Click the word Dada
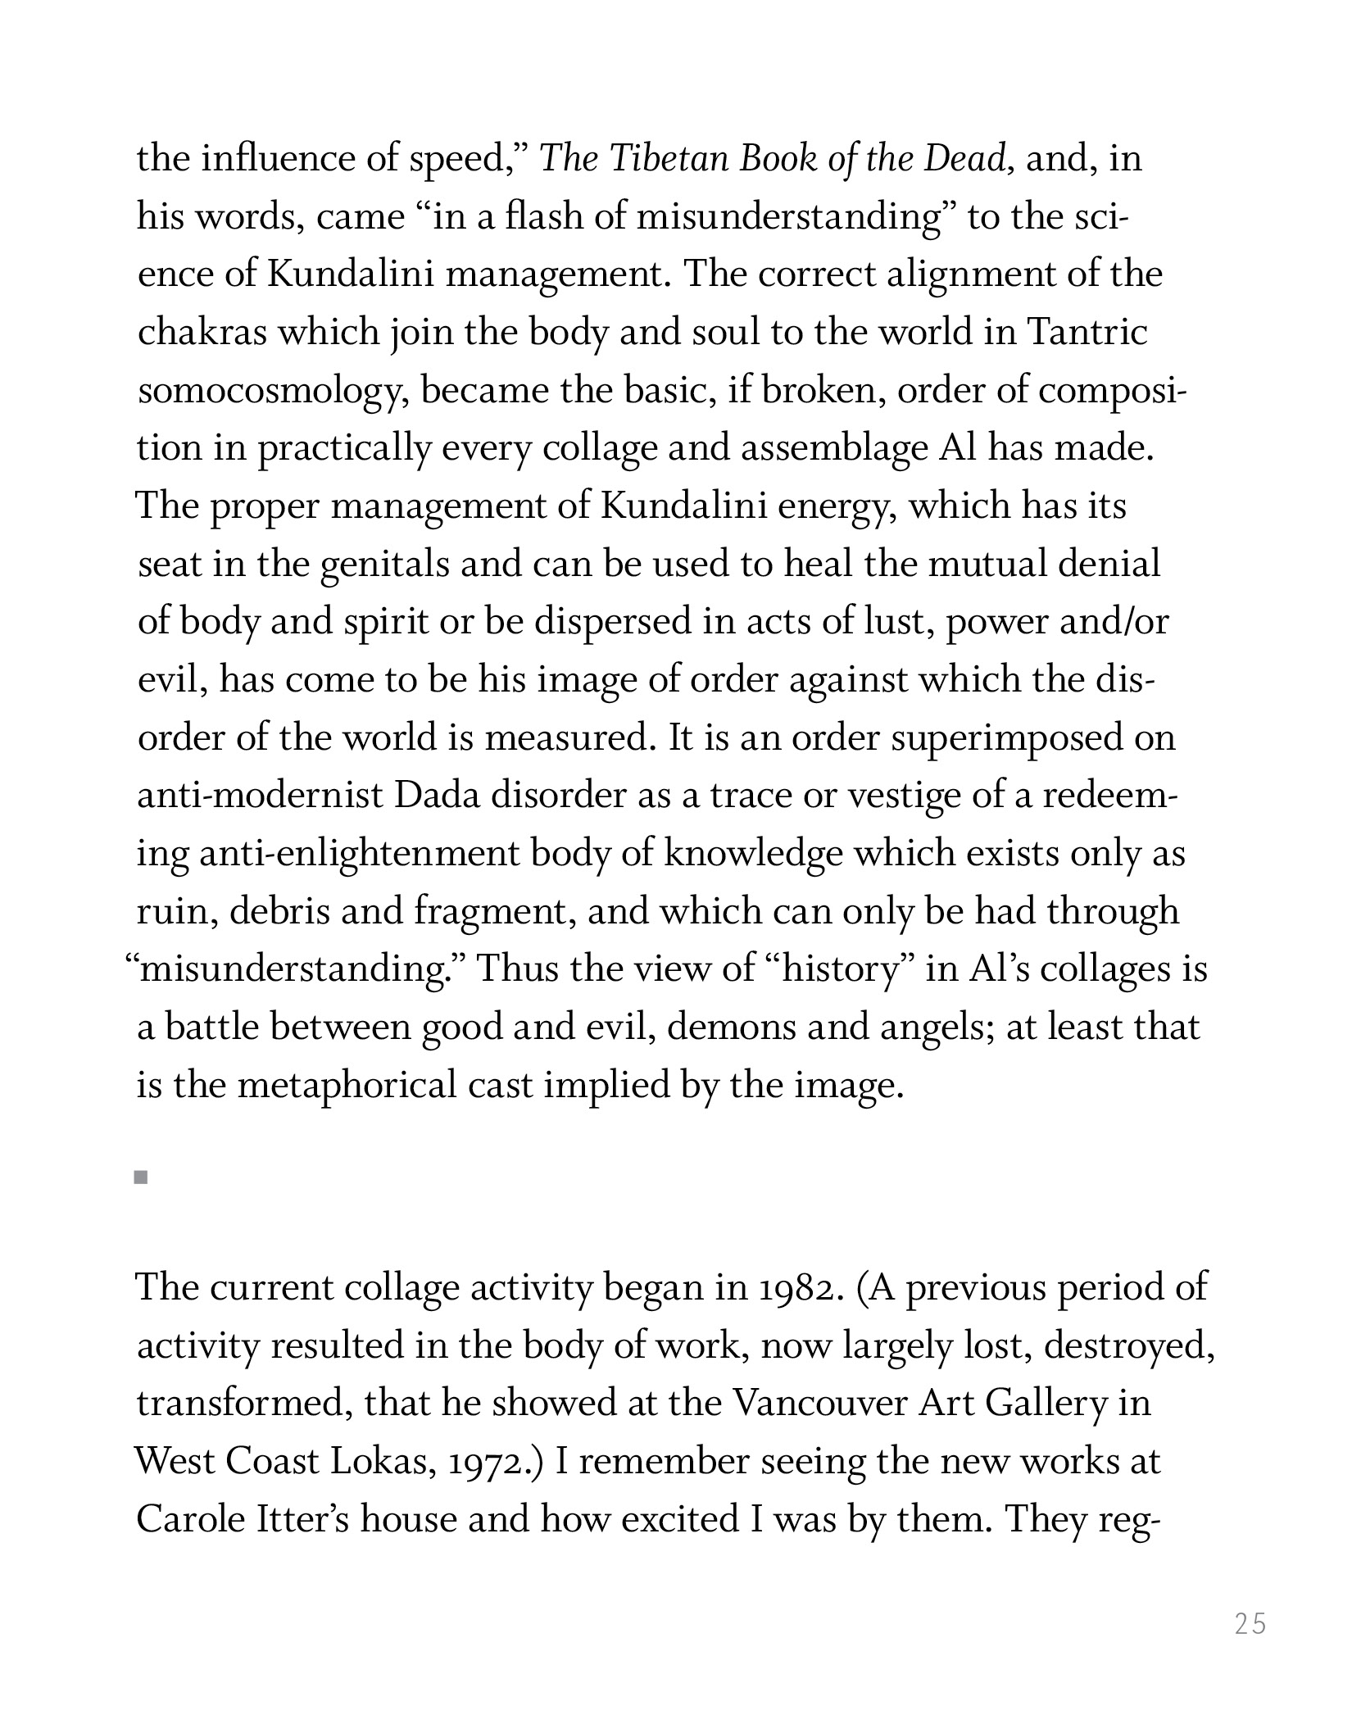437,796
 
